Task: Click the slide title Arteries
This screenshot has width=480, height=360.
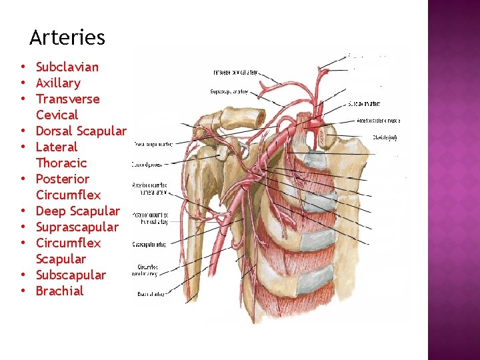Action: click(x=67, y=37)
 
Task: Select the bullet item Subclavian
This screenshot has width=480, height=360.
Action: click(x=67, y=67)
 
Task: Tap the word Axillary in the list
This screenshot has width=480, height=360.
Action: click(x=58, y=83)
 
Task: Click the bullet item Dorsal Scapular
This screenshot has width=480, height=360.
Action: click(x=81, y=131)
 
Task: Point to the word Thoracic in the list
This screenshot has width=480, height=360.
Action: click(x=61, y=163)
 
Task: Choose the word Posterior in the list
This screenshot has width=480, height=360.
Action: click(x=62, y=179)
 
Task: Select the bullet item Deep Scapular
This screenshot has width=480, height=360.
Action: click(x=77, y=211)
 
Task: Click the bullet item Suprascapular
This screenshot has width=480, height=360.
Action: click(x=77, y=227)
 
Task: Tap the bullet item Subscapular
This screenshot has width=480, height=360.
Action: click(x=71, y=275)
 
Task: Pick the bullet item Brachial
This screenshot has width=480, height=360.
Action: click(x=59, y=291)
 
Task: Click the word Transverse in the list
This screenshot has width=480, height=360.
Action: click(x=67, y=99)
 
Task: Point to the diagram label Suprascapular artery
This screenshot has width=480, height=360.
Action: click(x=230, y=91)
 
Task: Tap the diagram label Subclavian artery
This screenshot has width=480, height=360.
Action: click(x=364, y=104)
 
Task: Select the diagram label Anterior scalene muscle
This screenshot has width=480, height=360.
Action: click(x=378, y=121)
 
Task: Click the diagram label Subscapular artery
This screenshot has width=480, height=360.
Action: click(x=149, y=243)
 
